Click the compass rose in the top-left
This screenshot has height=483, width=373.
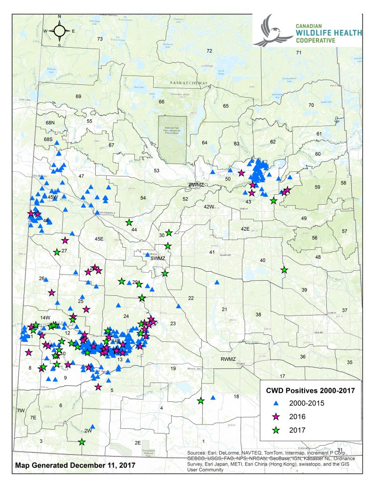point(59,31)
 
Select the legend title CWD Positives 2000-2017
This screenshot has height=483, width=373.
point(309,390)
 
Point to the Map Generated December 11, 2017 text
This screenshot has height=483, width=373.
point(75,465)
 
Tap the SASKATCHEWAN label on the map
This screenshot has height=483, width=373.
point(189,83)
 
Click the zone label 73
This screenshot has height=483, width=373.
point(99,39)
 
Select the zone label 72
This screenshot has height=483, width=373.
point(209,50)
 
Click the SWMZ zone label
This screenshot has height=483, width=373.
point(156,258)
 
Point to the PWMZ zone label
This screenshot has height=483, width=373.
point(195,184)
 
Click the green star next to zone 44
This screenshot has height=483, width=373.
point(129,222)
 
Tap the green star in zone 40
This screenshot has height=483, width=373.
point(284,270)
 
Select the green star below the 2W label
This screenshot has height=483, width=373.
point(82,442)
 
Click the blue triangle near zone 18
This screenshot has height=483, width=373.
point(213,398)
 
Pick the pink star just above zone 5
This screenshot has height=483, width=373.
point(98,387)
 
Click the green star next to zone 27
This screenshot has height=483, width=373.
point(57,252)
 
